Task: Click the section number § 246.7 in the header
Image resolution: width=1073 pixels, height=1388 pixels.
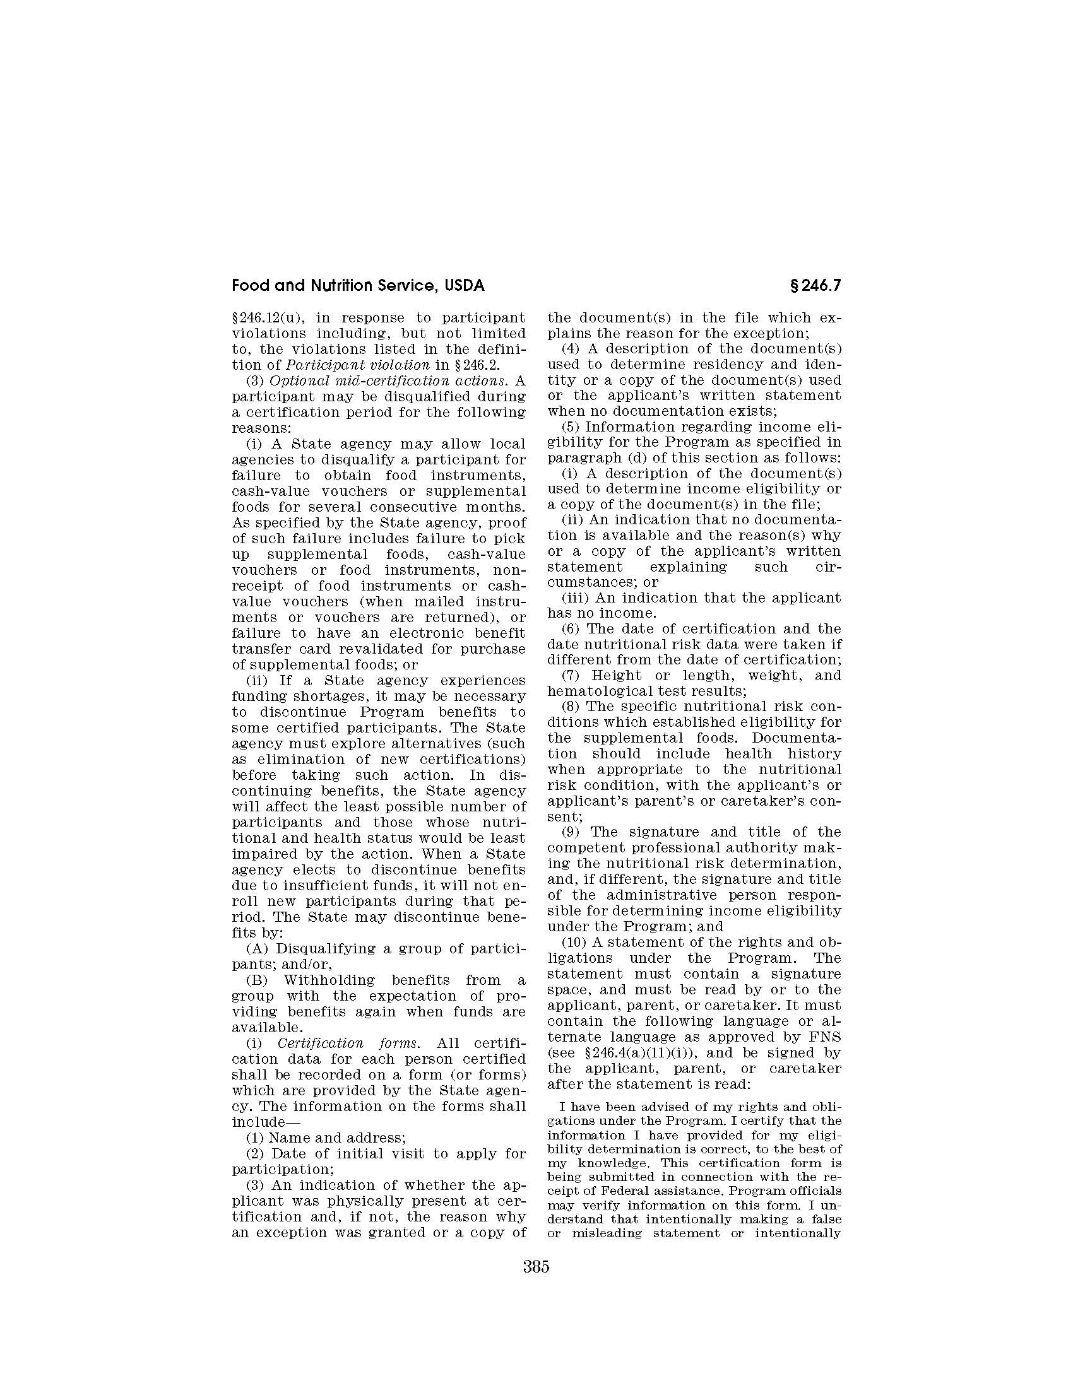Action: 814,286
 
